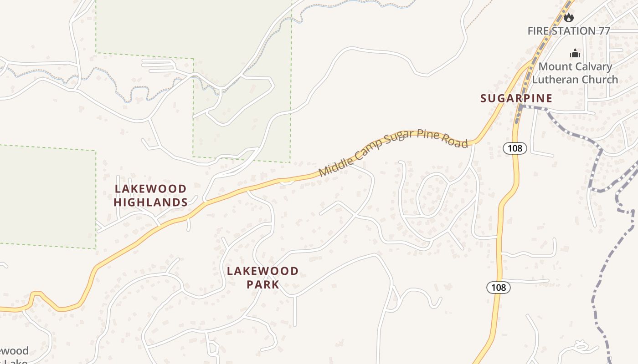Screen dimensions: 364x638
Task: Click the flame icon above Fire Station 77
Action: [x=568, y=18]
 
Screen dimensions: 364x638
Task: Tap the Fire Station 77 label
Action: [x=568, y=31]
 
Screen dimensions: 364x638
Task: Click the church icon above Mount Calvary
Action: [x=575, y=53]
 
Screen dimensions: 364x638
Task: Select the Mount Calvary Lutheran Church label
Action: [x=575, y=73]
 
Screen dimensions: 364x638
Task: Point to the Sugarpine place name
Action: [x=516, y=98]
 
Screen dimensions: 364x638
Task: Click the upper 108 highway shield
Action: [x=515, y=148]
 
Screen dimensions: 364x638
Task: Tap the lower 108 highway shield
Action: [x=499, y=288]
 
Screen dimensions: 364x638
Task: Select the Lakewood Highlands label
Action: [x=150, y=195]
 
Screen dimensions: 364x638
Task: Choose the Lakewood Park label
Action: [x=263, y=278]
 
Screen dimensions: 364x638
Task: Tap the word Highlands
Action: [x=150, y=202]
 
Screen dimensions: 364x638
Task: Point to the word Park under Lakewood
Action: [x=263, y=285]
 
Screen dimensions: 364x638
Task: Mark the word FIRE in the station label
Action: [x=538, y=31]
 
